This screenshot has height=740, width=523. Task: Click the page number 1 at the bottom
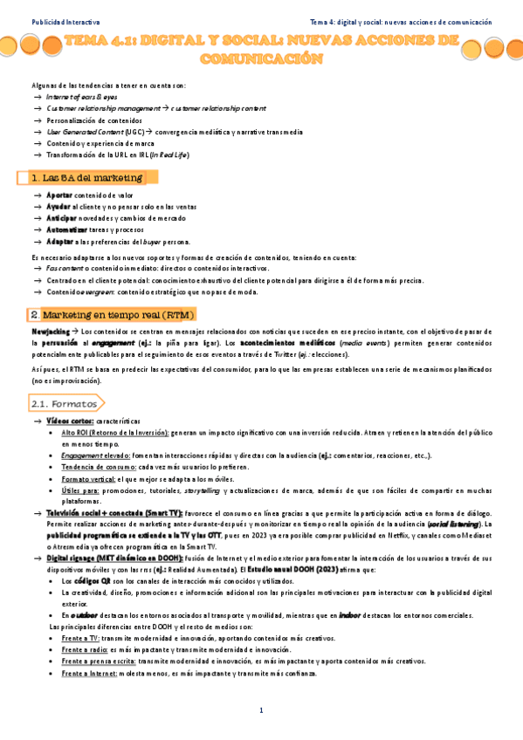[x=261, y=711]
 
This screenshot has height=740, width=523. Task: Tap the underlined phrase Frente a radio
[x=86, y=650]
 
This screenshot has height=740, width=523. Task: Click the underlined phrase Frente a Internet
[x=92, y=673]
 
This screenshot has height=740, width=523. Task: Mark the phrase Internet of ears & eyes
[x=83, y=97]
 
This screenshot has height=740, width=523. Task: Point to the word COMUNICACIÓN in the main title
[x=261, y=59]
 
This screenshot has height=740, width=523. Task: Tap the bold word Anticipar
[x=61, y=219]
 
